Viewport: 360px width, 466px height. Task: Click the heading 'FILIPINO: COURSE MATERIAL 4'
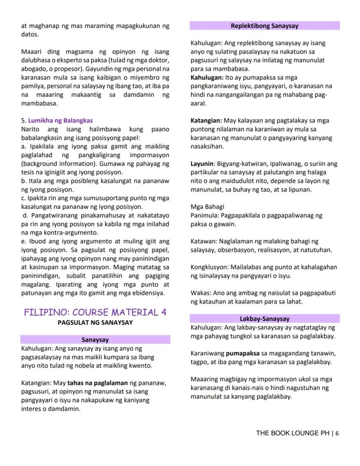95,312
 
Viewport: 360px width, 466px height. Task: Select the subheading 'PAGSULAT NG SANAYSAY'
95,322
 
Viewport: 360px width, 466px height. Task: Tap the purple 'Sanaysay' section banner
95,340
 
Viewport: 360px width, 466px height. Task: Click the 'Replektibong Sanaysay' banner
264,26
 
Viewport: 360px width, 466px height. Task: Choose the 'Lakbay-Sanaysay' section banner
264,319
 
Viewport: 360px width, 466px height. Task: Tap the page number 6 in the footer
337,433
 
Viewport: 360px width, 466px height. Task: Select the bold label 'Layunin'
202,164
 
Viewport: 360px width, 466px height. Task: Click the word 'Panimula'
204,215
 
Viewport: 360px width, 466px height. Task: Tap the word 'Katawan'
203,241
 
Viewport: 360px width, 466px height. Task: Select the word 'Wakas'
200,293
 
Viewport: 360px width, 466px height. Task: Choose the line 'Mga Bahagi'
207,207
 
